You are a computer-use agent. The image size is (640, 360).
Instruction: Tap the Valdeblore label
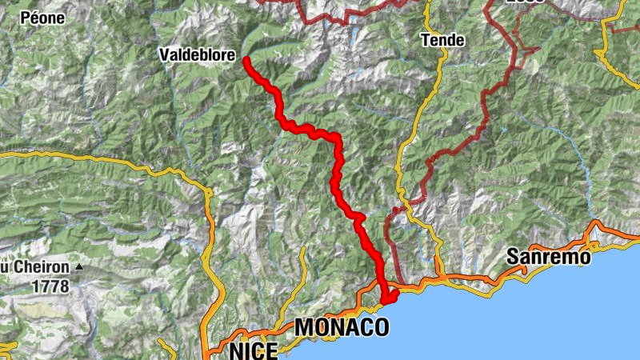pos(196,55)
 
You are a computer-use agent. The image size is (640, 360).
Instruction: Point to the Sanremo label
pos(548,257)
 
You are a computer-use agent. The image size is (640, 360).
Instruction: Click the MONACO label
pos(342,326)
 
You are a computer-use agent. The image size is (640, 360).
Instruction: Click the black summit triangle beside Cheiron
pos(79,266)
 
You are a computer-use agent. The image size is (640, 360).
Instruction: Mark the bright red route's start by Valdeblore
pos(246,60)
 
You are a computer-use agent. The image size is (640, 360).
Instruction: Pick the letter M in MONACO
pos(305,326)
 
